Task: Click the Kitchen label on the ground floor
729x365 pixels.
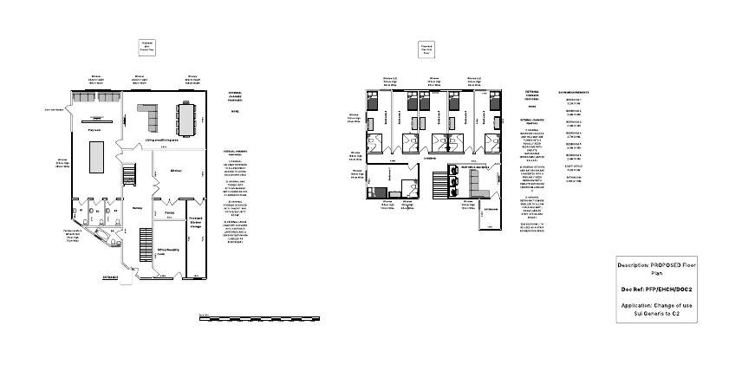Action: click(176, 170)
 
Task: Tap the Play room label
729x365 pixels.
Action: click(94, 130)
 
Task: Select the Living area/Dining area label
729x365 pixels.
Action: click(161, 139)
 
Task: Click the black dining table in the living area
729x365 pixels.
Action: click(187, 114)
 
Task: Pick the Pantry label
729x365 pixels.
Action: click(170, 211)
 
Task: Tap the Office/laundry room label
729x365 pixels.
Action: click(167, 251)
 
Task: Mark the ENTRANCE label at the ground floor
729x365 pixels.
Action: click(111, 277)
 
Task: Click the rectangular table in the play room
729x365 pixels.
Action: click(94, 159)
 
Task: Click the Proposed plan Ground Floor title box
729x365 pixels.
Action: click(147, 47)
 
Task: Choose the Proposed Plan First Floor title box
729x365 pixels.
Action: click(426, 49)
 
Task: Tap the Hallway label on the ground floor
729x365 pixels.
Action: click(137, 207)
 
